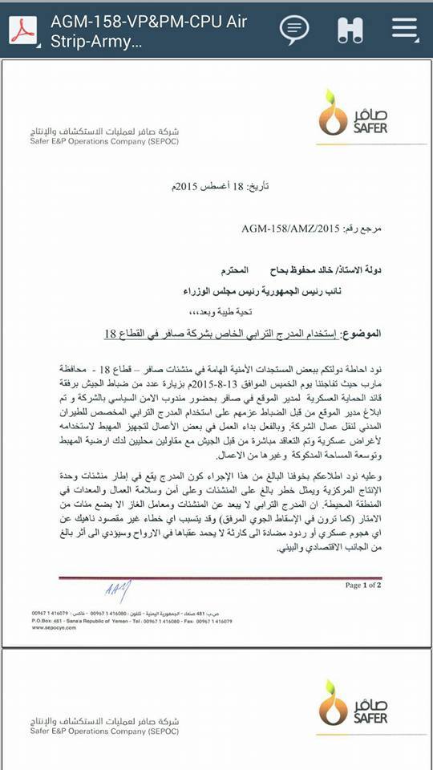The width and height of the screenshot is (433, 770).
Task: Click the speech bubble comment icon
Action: (294, 30)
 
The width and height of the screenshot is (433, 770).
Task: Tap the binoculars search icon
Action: (350, 30)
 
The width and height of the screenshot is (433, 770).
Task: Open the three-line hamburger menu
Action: (405, 29)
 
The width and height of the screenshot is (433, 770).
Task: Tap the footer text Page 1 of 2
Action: (363, 586)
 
